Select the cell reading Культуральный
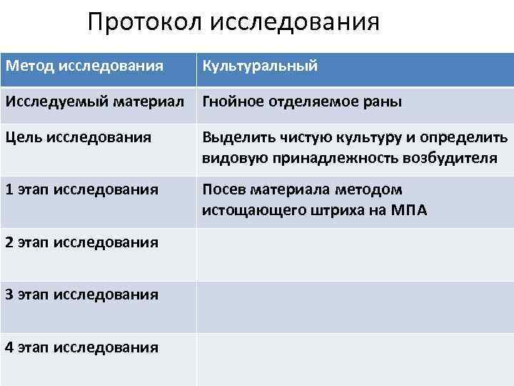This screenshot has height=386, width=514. pyautogui.click(x=260, y=66)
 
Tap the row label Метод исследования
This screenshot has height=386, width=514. pyautogui.click(x=84, y=66)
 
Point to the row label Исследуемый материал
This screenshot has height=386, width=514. pyautogui.click(x=99, y=102)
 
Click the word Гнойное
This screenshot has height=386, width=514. pyautogui.click(x=233, y=102)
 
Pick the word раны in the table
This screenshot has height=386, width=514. pyautogui.click(x=383, y=102)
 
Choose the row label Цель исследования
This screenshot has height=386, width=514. pyautogui.click(x=78, y=137)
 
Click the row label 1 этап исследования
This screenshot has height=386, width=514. pyautogui.click(x=81, y=189)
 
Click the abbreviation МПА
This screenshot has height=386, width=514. pyautogui.click(x=408, y=211)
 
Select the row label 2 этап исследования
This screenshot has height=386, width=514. pyautogui.click(x=81, y=242)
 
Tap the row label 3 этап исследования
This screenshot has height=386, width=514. pyautogui.click(x=81, y=295)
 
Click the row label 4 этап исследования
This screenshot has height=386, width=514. pyautogui.click(x=81, y=347)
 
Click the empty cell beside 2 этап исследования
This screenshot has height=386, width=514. pyautogui.click(x=355, y=254)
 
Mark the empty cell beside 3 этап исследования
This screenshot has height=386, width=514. pyautogui.click(x=355, y=307)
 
